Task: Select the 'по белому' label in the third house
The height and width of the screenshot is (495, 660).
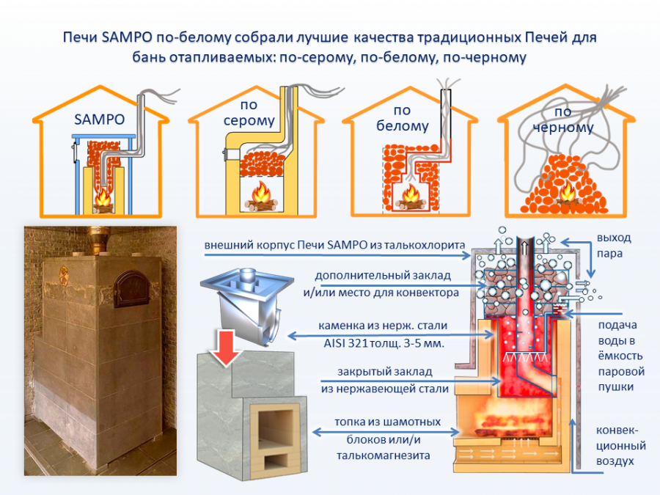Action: click(x=403, y=119)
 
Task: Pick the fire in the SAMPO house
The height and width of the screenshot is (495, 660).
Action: click(x=103, y=199)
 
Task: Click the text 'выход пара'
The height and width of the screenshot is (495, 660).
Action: click(x=614, y=246)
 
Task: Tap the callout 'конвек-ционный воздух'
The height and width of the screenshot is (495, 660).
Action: click(x=620, y=445)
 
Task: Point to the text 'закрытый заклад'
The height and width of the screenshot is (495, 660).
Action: click(x=379, y=373)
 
